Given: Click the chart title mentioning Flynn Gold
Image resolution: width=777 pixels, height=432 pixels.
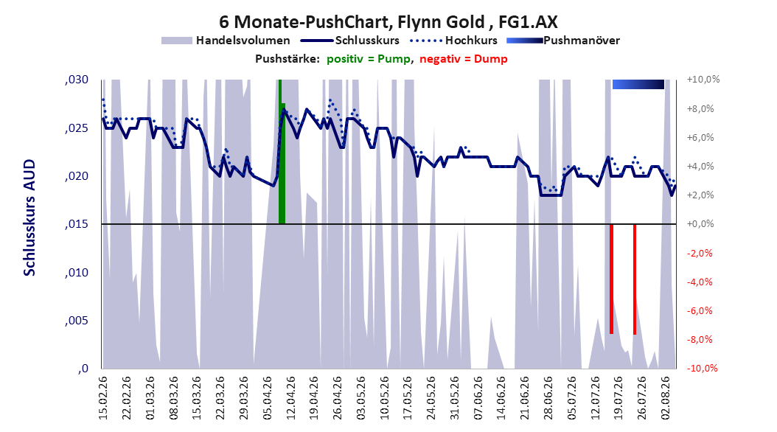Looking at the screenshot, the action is click(388, 22).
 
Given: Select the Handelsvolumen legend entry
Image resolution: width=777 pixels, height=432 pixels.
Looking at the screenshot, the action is click(226, 41).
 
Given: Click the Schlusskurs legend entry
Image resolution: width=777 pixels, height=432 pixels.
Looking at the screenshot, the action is click(350, 41).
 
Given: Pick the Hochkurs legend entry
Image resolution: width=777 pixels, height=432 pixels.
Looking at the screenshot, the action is click(453, 41).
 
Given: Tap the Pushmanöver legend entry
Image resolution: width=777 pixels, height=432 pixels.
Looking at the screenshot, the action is click(563, 41).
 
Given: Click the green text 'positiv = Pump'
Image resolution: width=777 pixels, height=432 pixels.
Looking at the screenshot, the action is click(369, 59).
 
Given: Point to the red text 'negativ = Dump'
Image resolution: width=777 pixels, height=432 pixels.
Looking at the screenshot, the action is click(464, 59).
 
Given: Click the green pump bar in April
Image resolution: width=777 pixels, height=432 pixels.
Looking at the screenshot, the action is click(282, 152).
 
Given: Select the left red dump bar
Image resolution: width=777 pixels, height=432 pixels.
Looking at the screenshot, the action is click(611, 279).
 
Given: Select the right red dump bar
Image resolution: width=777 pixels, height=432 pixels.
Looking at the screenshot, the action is click(635, 279).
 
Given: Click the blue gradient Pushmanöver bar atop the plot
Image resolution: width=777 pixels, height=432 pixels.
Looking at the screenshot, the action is click(638, 84).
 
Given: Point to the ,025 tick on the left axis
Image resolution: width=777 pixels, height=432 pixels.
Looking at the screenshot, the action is click(77, 128).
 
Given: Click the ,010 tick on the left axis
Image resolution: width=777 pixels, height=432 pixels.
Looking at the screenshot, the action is click(77, 273).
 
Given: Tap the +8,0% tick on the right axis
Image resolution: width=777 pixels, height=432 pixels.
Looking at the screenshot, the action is click(700, 108).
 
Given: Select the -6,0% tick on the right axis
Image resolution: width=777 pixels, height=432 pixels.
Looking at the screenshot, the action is click(700, 310).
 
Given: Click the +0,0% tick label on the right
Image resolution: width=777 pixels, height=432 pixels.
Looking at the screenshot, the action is click(700, 224).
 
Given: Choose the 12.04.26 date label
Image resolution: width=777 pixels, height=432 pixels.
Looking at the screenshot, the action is click(291, 398).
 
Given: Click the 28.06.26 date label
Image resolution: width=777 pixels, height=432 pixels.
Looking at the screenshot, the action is click(548, 398).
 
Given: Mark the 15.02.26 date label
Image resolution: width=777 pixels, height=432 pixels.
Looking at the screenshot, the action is click(103, 398).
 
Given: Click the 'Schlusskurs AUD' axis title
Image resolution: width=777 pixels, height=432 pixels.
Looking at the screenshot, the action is click(29, 217).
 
